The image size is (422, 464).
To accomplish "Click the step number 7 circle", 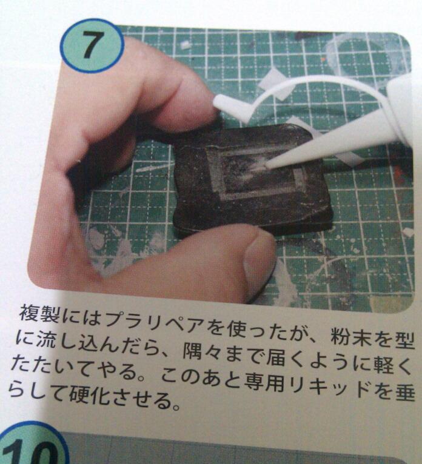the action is pos(92,46).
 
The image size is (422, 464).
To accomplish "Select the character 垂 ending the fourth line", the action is pos(404,394).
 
